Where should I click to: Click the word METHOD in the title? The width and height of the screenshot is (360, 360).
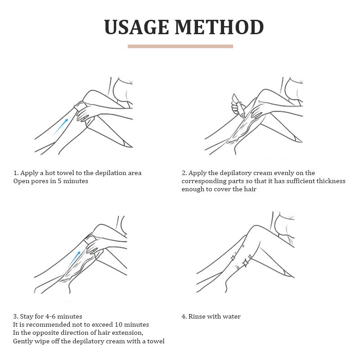click(x=219, y=27)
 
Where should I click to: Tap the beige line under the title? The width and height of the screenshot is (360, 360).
click(x=180, y=46)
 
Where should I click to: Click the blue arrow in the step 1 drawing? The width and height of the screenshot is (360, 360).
click(x=61, y=126)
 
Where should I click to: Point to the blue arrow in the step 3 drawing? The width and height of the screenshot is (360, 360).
click(x=74, y=260)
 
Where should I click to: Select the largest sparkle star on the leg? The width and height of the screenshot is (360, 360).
click(x=245, y=262)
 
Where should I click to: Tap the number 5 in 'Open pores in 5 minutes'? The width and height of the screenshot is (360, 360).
click(x=59, y=181)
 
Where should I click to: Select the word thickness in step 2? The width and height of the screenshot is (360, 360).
click(x=331, y=181)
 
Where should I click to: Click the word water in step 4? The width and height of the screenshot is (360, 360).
click(x=232, y=317)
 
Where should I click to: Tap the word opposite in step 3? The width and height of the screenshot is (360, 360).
click(x=45, y=333)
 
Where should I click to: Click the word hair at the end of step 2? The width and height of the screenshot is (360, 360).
click(x=250, y=189)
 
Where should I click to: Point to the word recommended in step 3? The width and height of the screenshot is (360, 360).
click(x=48, y=325)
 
